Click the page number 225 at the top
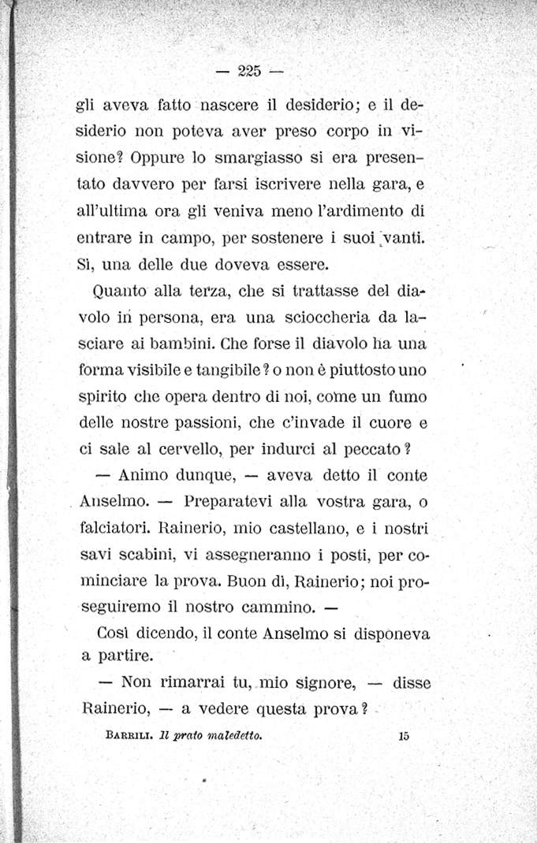tap(247, 71)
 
